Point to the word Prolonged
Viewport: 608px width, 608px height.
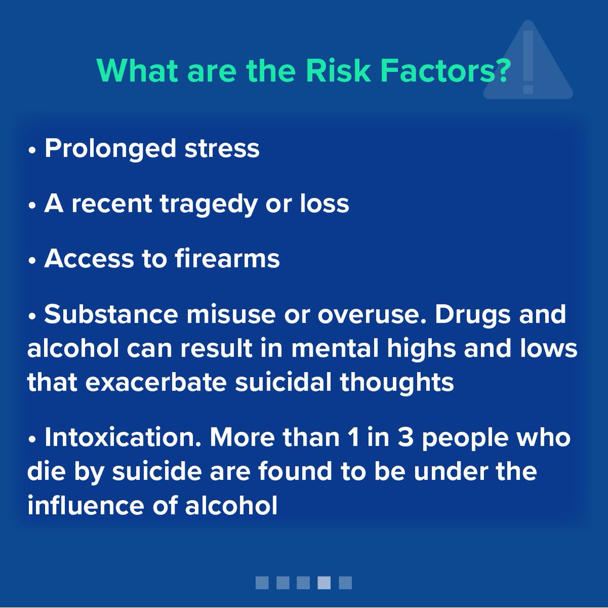(110, 148)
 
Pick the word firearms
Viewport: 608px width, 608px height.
(227, 258)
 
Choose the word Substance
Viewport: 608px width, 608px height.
(111, 314)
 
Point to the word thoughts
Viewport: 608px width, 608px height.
(397, 382)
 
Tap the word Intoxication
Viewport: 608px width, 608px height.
(123, 437)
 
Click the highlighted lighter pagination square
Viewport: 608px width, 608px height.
(324, 583)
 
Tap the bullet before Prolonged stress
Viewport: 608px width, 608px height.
(32, 150)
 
